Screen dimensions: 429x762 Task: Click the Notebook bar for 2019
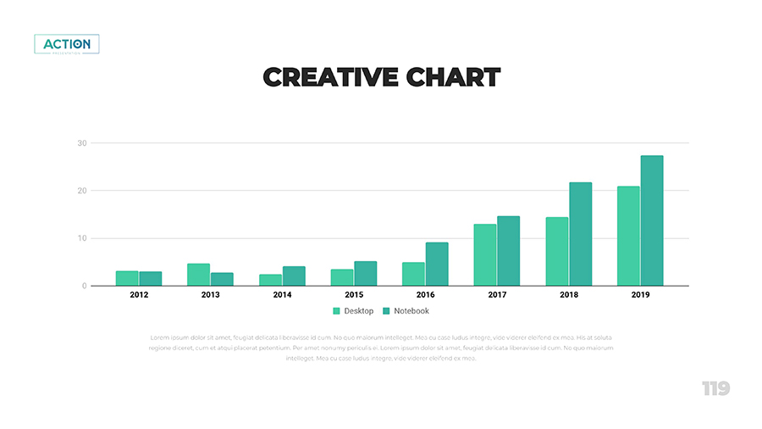pos(652,220)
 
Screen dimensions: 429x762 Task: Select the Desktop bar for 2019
pos(628,236)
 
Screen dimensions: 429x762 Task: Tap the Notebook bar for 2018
pos(580,234)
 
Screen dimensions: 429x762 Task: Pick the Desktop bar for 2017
pos(485,254)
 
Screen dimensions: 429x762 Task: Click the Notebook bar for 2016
pos(437,264)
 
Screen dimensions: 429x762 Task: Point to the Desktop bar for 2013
pos(198,275)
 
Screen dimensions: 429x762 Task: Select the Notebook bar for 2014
pos(294,276)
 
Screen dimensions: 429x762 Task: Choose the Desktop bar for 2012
pos(127,278)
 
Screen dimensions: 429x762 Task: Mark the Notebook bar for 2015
pos(366,273)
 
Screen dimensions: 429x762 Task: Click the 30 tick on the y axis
pos(82,143)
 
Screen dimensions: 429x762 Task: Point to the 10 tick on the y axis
pos(82,238)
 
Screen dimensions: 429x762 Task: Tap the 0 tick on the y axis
pos(84,286)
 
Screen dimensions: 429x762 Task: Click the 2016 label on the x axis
pos(425,295)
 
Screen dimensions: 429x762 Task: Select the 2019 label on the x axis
pos(640,295)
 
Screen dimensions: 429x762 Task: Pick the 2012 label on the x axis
pos(139,295)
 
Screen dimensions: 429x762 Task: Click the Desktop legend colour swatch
pos(336,311)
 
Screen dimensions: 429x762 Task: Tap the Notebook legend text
pos(411,311)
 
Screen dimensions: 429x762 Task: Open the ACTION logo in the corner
pos(67,44)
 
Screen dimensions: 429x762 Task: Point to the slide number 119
pos(715,388)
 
